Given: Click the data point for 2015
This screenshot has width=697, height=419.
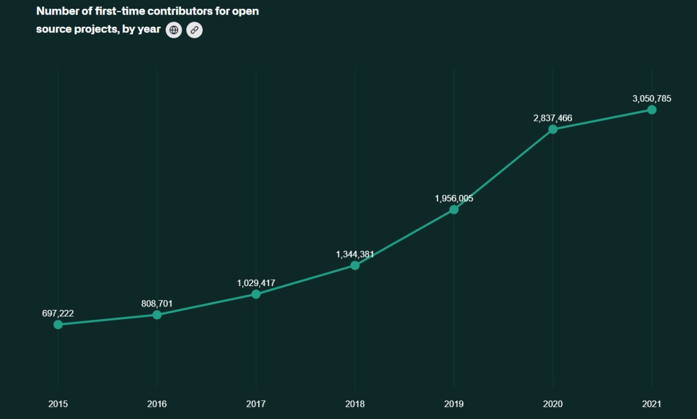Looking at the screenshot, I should click(58, 324).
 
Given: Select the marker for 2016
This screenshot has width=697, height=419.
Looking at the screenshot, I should click(157, 315).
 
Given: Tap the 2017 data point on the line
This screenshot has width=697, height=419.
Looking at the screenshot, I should click(256, 294).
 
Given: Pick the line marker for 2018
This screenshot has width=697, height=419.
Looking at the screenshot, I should click(355, 265).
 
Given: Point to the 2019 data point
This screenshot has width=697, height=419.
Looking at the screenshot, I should click(454, 209).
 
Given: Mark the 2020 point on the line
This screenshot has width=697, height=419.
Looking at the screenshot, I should click(553, 129).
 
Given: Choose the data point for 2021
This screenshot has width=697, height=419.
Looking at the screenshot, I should click(652, 110).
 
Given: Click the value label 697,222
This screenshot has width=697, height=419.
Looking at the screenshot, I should click(58, 313).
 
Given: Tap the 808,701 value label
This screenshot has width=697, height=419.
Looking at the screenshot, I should click(157, 304).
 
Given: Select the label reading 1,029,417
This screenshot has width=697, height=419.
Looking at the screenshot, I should click(256, 283).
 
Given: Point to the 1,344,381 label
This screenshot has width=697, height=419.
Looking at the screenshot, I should click(355, 254).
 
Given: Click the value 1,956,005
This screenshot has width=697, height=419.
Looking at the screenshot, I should click(454, 198).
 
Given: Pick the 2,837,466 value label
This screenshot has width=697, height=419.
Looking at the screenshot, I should click(553, 118).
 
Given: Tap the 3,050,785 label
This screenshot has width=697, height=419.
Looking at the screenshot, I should click(652, 99).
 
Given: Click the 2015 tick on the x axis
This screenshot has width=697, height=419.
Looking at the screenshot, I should click(58, 404).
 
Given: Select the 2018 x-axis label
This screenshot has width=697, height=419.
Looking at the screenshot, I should click(355, 404).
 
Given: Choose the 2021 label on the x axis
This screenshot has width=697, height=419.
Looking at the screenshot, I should click(652, 404).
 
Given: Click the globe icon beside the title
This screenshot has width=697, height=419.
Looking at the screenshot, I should click(174, 30).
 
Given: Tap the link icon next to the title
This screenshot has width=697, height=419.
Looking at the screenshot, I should click(195, 30).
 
